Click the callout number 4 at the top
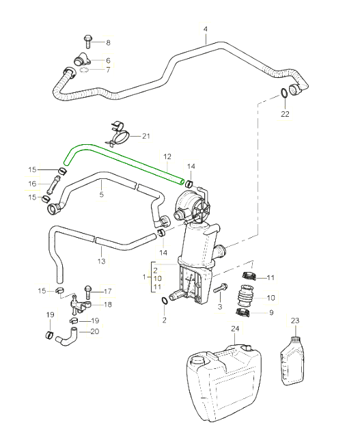coord(206,29)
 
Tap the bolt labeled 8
coord(87,42)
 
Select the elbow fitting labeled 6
coord(82,59)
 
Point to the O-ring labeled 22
coord(284,93)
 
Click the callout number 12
coord(167,156)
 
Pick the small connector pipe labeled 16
coord(54,184)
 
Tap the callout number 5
coord(102,194)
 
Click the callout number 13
coord(101,261)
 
